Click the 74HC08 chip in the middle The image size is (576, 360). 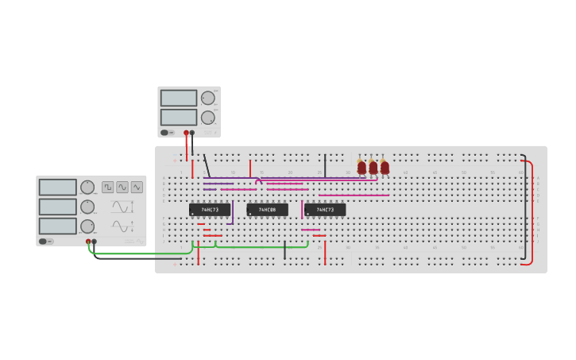267,210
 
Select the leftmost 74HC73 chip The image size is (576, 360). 210,210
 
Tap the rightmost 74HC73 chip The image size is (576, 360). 325,210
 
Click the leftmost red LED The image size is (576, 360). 361,168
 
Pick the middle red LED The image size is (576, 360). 373,168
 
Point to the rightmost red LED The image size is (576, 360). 385,168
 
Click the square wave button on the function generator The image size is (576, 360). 107,188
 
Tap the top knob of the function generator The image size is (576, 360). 87,188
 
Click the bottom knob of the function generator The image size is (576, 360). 87,226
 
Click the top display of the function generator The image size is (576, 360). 58,188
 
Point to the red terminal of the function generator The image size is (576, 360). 88,241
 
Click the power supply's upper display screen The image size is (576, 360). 179,98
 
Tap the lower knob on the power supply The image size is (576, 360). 208,118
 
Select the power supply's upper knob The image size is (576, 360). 208,99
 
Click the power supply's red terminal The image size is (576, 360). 186,133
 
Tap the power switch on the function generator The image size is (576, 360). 46,241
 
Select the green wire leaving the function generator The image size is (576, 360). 143,254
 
